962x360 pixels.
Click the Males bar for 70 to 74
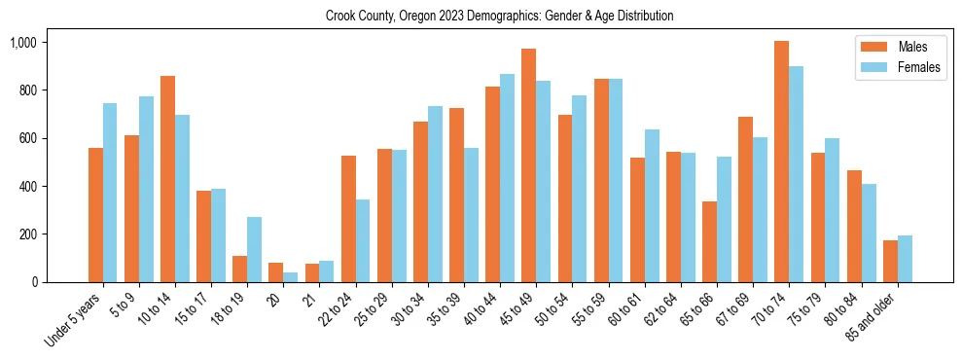click(x=781, y=162)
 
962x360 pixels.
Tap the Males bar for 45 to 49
click(x=528, y=165)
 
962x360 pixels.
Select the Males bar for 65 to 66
click(x=709, y=241)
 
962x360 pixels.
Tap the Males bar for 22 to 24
click(x=348, y=219)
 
